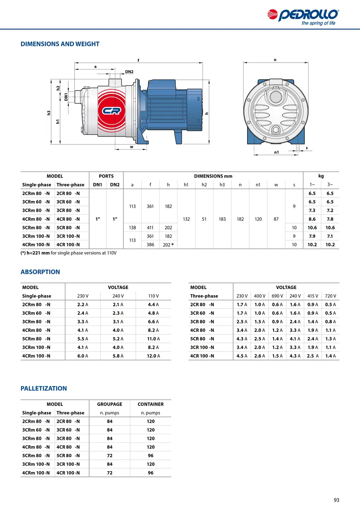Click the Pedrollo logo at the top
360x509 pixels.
tap(303, 16)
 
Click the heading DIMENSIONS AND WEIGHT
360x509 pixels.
tap(60, 44)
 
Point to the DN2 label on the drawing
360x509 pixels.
tap(129, 72)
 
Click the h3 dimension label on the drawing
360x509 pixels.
tap(49, 113)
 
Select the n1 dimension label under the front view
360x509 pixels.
tap(276, 152)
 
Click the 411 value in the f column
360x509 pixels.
tap(150, 228)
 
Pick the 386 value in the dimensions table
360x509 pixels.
tap(150, 245)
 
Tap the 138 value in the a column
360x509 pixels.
tap(132, 228)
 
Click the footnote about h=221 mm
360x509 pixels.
tap(69, 253)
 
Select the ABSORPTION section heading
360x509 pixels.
tap(40, 272)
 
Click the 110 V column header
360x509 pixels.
tap(153, 296)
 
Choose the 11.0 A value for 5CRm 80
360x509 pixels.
tap(153, 339)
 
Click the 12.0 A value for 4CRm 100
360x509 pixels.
tap(153, 356)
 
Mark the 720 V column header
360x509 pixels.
tap(330, 296)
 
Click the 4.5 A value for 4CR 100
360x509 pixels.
tap(242, 356)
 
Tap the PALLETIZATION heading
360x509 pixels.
tap(44, 389)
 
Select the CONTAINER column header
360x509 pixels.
tap(151, 404)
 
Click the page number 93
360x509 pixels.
tap(337, 500)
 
